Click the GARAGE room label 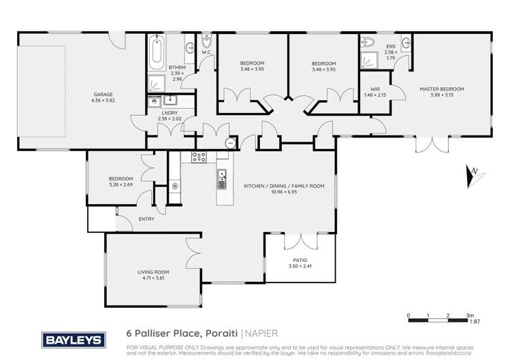[103, 95]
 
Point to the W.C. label [207, 52]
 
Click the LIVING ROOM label [153, 272]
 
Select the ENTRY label [146, 219]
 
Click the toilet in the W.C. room [207, 39]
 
